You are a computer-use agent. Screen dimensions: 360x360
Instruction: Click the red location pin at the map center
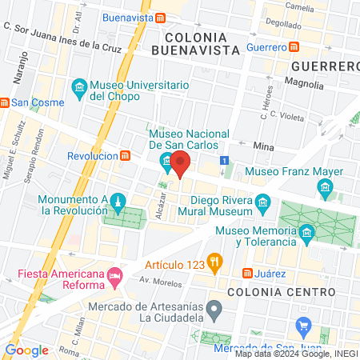click(180, 163)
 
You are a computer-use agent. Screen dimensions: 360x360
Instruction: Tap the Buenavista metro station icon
click(161, 18)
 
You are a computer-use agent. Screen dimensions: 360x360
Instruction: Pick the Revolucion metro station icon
click(126, 156)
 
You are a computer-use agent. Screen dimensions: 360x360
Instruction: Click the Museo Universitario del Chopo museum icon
click(79, 86)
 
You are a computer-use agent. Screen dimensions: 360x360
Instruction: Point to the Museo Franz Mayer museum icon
click(325, 190)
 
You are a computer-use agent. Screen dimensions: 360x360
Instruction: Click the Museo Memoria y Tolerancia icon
click(306, 234)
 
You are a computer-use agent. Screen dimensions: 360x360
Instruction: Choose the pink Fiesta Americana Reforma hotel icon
click(115, 276)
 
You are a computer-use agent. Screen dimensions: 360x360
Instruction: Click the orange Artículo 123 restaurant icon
click(214, 262)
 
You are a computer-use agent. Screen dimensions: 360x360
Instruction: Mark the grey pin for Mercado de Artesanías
click(214, 308)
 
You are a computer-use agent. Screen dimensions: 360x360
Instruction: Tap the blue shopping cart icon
click(303, 326)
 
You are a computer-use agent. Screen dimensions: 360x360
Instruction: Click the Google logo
click(26, 350)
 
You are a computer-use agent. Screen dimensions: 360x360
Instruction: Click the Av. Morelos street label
click(157, 280)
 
